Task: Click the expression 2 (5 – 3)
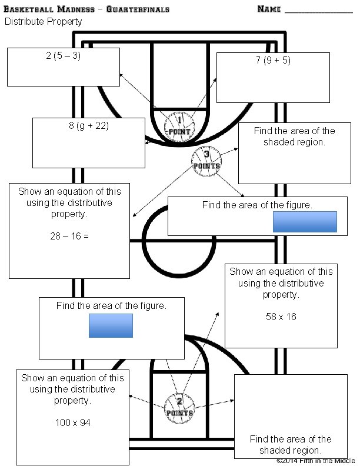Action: pos(63,57)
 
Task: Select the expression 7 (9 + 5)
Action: pos(273,61)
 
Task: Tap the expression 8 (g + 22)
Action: pos(88,126)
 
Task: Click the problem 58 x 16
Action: pos(281,317)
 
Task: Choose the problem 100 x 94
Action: pos(72,422)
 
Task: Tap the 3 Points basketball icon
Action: pos(206,159)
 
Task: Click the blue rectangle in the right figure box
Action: pos(305,222)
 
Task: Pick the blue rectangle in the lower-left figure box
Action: pos(111,325)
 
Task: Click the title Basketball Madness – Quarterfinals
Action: pos(87,9)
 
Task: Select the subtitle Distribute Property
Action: pos(44,22)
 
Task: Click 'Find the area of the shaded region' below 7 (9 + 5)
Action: pos(294,137)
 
